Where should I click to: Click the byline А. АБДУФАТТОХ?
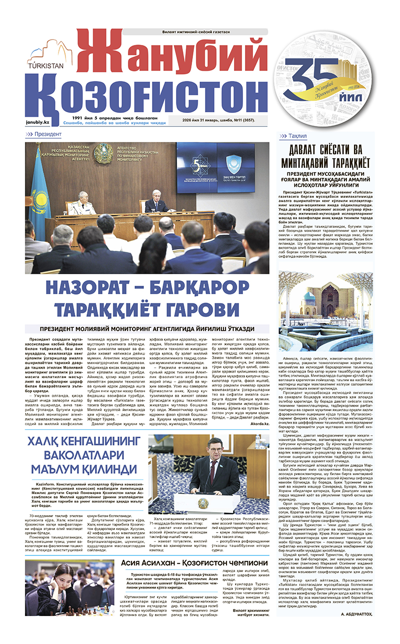(x=354, y=613)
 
